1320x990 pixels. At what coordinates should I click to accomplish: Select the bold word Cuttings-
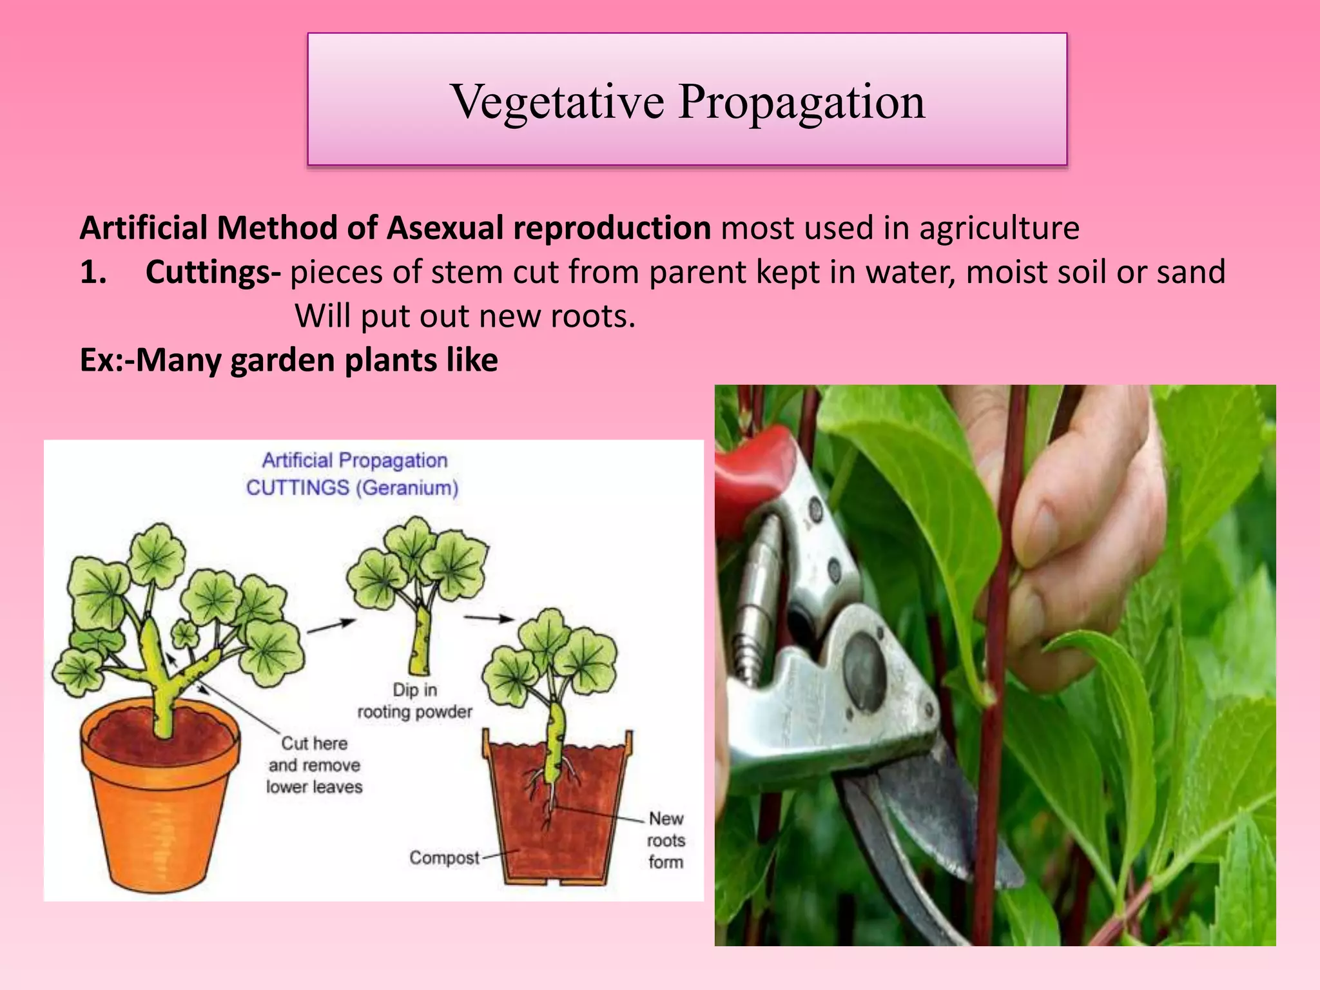(213, 272)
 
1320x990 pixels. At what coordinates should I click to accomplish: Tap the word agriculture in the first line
(999, 228)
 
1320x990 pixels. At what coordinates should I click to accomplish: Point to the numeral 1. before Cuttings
(93, 272)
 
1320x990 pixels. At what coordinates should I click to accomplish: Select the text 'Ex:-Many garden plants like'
(289, 360)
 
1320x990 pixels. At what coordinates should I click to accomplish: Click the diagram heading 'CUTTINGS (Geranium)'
(352, 487)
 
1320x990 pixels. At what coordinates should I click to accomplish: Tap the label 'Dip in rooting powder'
(414, 701)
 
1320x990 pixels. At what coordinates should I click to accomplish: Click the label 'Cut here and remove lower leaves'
(314, 765)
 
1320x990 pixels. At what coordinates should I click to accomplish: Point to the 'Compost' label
(444, 858)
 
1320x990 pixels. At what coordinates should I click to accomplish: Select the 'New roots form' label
(666, 840)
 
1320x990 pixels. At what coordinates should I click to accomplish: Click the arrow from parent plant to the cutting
(331, 626)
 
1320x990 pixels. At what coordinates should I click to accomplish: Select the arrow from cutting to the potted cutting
(489, 619)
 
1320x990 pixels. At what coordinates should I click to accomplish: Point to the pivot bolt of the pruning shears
(864, 670)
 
